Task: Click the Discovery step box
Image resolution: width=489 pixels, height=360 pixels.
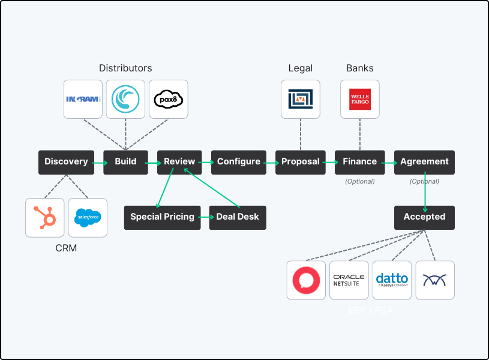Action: pos(66,162)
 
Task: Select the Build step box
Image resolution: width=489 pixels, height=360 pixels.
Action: pos(125,162)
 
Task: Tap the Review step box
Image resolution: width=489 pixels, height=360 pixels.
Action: pos(179,162)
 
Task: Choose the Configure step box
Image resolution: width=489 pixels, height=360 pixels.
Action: pos(238,162)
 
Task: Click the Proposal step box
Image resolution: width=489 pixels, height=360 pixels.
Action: pos(300,162)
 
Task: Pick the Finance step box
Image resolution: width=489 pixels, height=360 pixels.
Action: pos(359,162)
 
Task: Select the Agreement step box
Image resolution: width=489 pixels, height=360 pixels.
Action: pos(424,162)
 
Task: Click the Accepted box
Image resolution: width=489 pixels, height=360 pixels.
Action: pos(424,217)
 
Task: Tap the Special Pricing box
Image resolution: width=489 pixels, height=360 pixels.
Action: pos(162,217)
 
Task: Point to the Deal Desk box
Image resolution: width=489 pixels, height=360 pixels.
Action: pos(238,217)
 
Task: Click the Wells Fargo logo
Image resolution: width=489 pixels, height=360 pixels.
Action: pos(359,99)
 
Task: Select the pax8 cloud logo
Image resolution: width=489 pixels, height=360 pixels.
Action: pos(168,99)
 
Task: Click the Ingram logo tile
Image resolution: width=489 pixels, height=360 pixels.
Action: pos(83,99)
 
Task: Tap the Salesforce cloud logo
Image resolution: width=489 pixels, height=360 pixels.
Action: pos(88,218)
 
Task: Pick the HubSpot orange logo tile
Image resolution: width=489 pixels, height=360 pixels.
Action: pos(44,218)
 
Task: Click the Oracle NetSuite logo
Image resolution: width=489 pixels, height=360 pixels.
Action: pos(349,280)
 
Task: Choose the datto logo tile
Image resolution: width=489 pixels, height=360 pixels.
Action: pos(392,280)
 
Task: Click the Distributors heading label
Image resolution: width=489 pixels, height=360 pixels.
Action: pos(125,68)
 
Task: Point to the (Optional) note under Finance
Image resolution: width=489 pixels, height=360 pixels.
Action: pos(359,181)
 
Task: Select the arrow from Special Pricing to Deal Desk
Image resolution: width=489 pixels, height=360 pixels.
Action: pos(204,217)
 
